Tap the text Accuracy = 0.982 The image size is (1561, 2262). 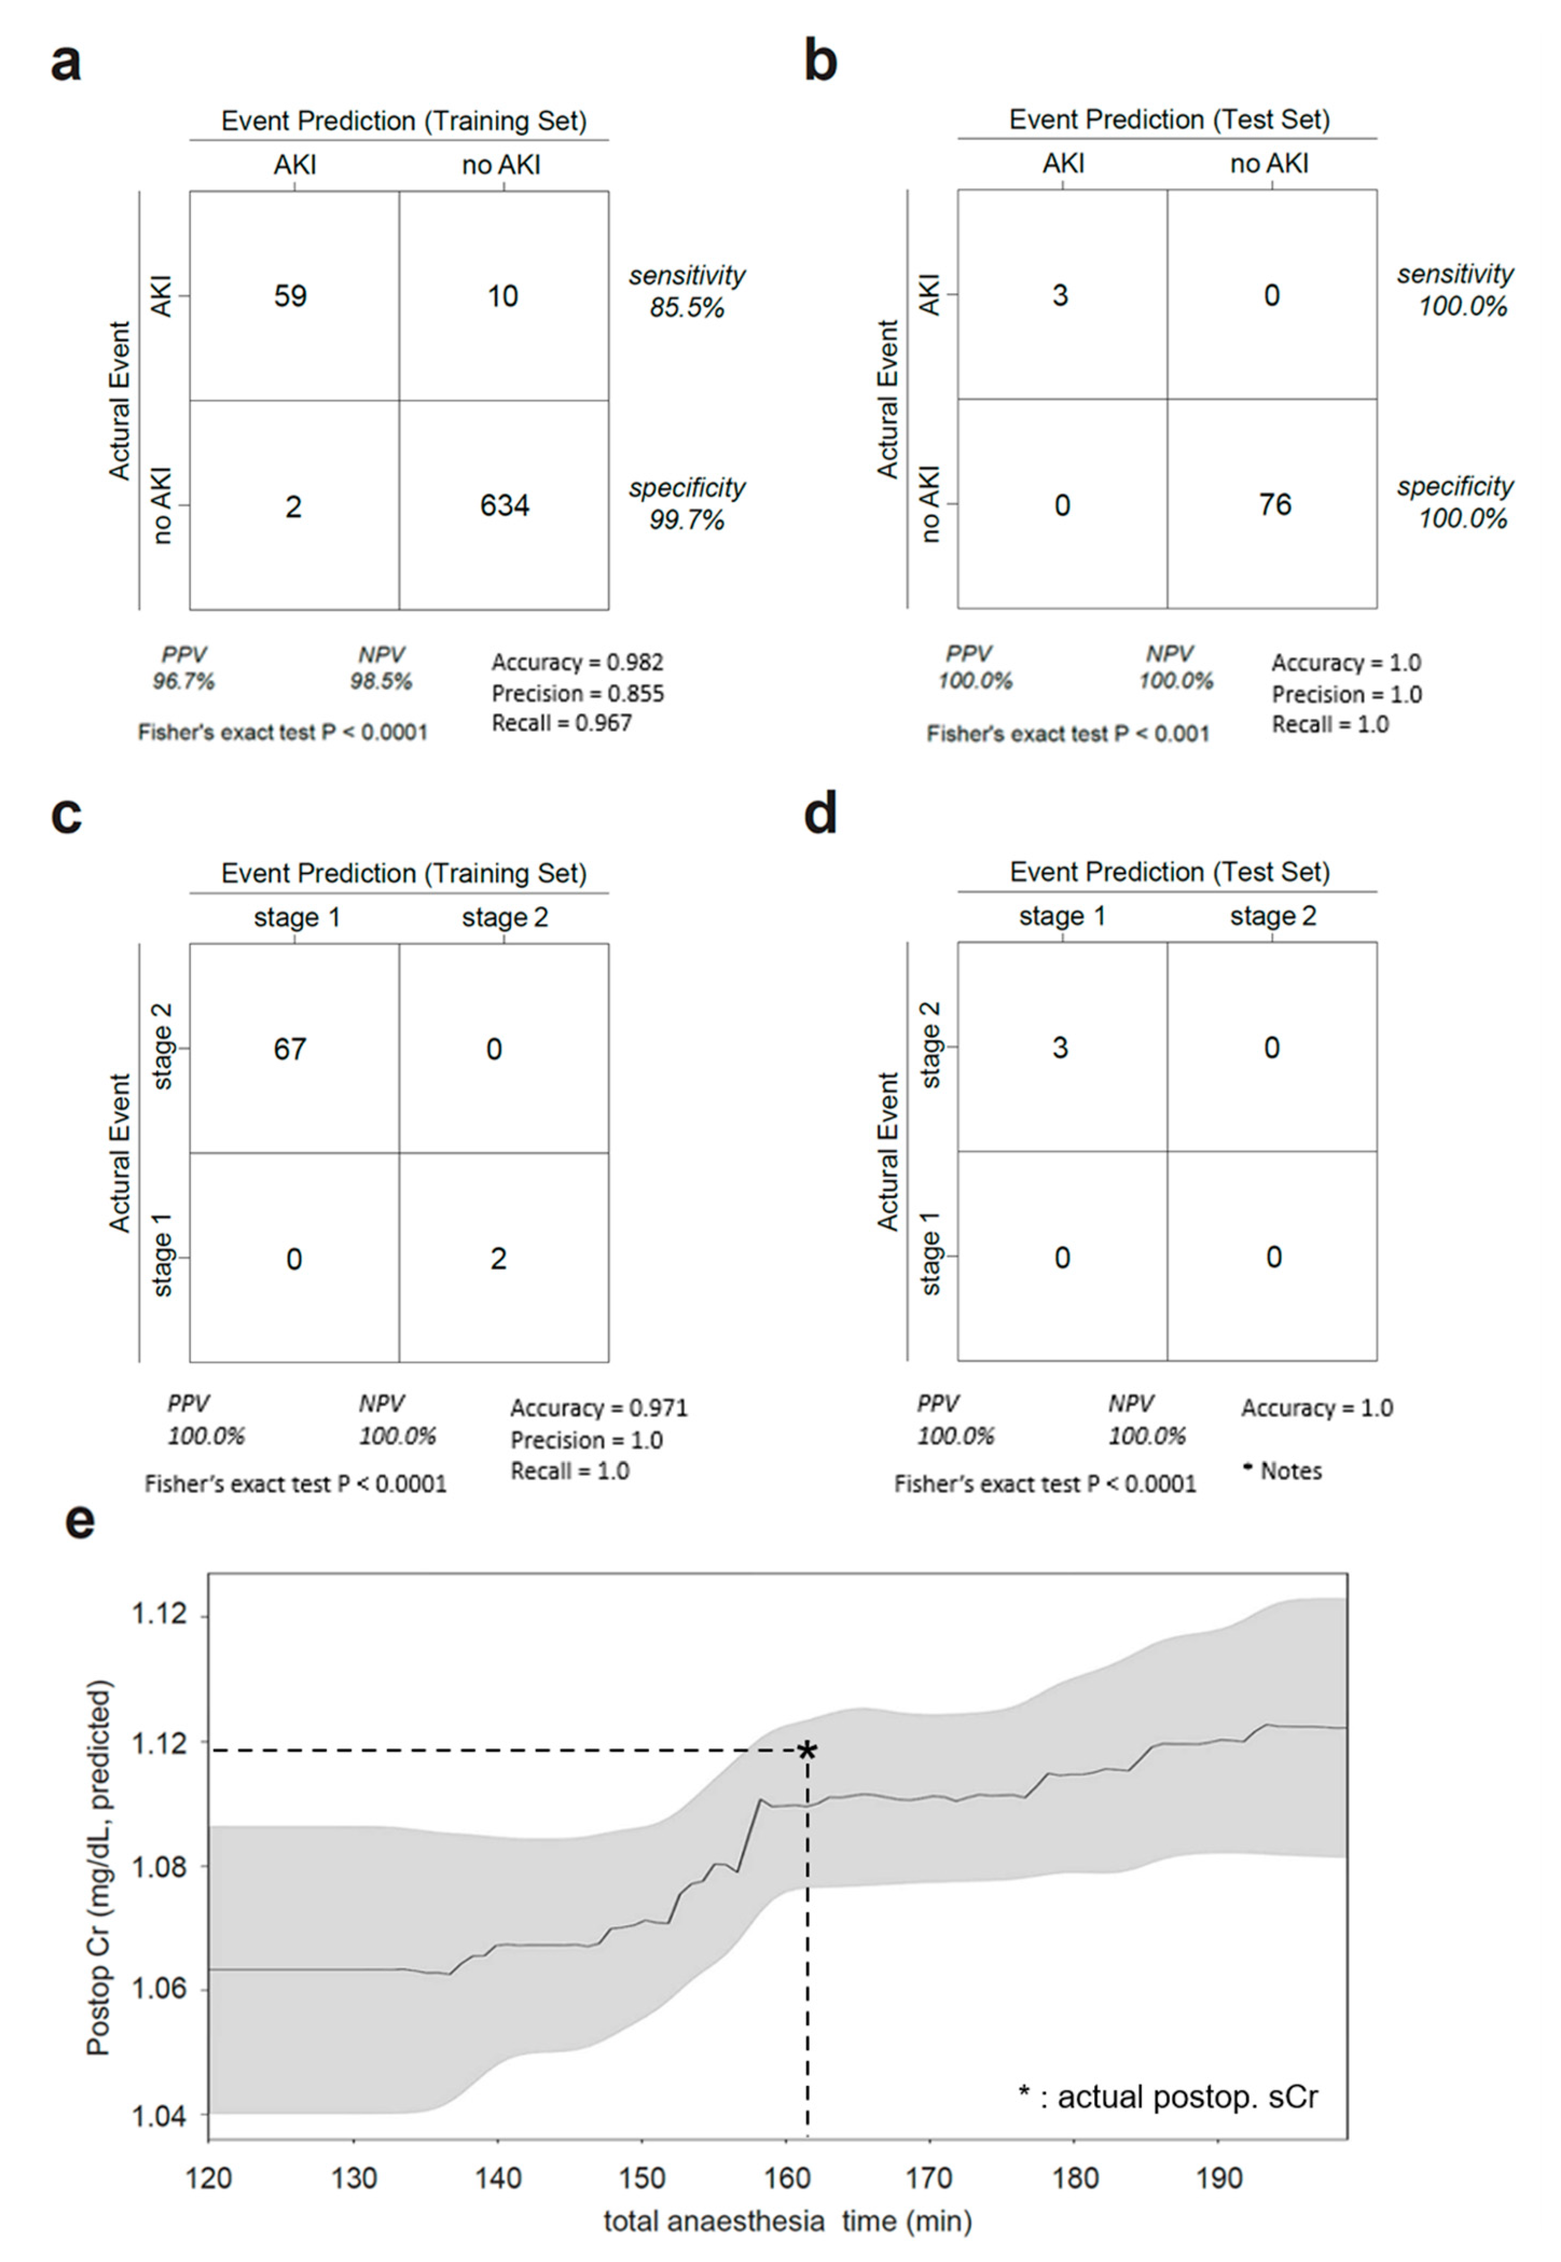pyautogui.click(x=577, y=662)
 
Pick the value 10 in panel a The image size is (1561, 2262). pyautogui.click(x=503, y=295)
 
